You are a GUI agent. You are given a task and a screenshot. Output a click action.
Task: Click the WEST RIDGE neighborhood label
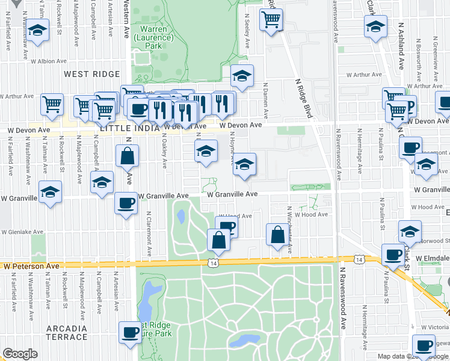89,73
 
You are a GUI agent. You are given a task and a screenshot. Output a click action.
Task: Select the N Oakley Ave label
164,150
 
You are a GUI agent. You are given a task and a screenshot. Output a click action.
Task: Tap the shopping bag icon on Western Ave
128,156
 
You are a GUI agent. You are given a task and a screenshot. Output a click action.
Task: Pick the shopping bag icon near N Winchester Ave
277,235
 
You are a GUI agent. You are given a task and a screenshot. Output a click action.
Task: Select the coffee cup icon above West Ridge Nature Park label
130,332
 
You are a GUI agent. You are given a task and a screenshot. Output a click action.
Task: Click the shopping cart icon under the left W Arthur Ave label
52,104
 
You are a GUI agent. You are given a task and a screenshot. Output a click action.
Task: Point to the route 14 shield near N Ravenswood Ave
359,259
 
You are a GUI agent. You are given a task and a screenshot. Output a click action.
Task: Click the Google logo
20,354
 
